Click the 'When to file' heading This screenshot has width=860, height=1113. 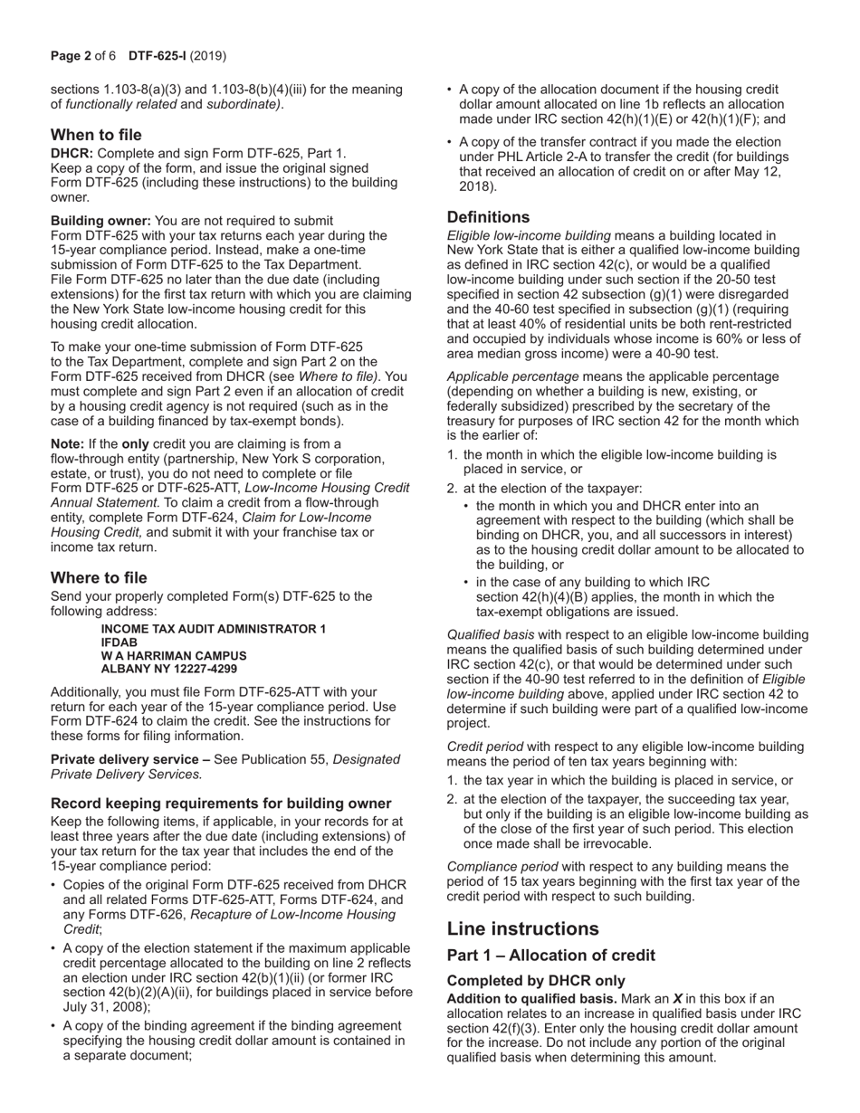coord(96,135)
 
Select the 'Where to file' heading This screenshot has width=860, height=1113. coord(99,577)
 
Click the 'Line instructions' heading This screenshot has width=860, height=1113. coord(522,928)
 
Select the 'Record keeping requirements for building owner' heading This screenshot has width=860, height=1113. coord(221,804)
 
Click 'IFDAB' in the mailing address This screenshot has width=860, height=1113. coord(119,642)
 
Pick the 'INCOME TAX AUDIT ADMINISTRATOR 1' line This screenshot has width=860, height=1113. coord(214,629)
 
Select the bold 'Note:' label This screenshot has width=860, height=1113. coord(67,443)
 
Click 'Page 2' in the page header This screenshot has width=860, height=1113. coord(71,56)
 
